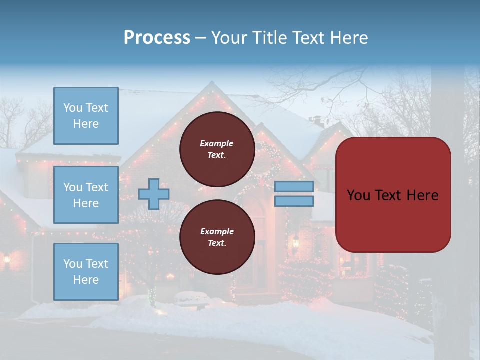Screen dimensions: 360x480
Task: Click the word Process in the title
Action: click(x=157, y=38)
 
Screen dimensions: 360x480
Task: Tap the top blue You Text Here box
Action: click(x=86, y=116)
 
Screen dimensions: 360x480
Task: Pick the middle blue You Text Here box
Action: click(x=86, y=195)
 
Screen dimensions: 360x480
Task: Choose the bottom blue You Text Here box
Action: click(x=86, y=272)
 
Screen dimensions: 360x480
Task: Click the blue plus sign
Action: click(x=154, y=194)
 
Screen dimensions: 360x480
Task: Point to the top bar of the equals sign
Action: click(x=294, y=186)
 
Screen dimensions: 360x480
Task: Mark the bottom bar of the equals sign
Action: click(x=294, y=201)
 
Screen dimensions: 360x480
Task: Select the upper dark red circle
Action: click(x=217, y=149)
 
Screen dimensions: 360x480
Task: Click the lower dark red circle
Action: click(x=217, y=237)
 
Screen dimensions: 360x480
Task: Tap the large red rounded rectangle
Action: click(x=393, y=195)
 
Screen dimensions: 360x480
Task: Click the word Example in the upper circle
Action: click(x=217, y=143)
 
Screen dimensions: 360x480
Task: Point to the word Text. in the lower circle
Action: click(x=217, y=243)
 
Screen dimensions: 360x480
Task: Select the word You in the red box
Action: click(x=358, y=195)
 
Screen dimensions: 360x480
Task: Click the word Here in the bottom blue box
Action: click(x=86, y=280)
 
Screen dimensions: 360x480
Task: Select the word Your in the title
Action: click(x=229, y=38)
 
